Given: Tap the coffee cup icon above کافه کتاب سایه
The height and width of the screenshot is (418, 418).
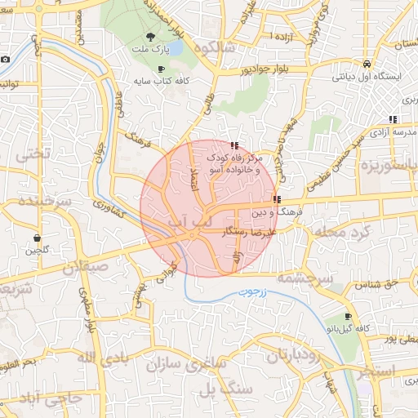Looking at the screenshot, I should click(x=161, y=69).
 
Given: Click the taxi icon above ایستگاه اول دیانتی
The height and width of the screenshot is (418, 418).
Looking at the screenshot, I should click(x=367, y=63).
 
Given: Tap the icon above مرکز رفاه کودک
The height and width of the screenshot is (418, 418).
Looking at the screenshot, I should click(x=235, y=145).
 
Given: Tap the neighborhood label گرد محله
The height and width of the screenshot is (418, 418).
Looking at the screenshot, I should click(x=358, y=233).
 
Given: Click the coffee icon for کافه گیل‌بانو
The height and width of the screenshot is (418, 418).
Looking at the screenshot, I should click(x=349, y=316).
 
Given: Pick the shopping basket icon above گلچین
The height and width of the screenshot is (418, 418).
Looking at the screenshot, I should click(x=38, y=238).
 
